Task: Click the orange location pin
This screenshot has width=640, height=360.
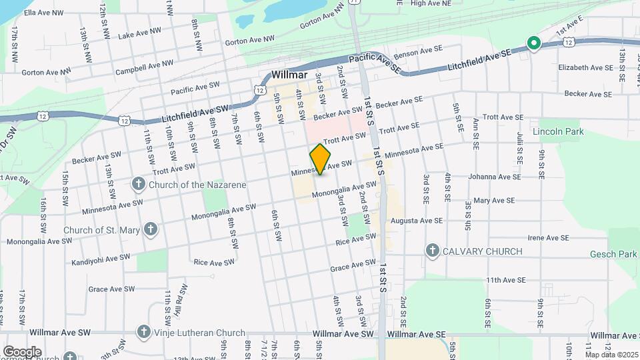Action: tap(321, 159)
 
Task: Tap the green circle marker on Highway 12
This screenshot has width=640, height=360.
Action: tap(533, 43)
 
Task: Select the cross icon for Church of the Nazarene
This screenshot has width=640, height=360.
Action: tap(138, 183)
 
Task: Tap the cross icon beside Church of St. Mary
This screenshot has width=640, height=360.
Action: tap(151, 230)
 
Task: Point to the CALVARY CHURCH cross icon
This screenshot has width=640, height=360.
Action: tap(432, 251)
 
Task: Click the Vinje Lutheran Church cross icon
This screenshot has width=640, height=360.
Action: tap(143, 331)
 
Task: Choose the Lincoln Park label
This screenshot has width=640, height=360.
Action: tap(558, 132)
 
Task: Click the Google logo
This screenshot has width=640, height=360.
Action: tap(22, 351)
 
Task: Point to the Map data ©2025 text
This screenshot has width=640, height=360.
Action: tap(611, 354)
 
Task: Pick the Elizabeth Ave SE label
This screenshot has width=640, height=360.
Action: tap(585, 67)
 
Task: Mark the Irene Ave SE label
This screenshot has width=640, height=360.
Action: tap(547, 237)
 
